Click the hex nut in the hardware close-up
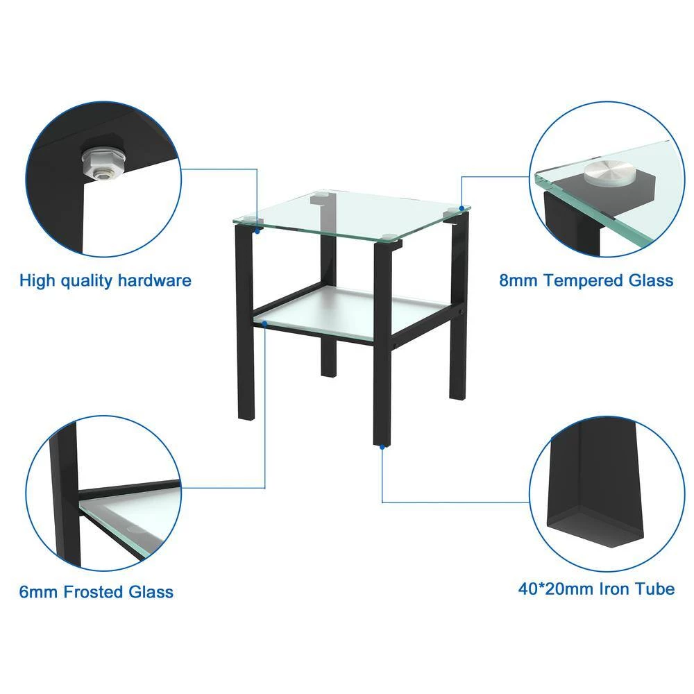coord(103,162)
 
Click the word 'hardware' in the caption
coord(155,280)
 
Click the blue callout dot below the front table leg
coord(382,447)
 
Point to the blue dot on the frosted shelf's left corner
coord(264,324)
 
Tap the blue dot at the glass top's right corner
coord(462,208)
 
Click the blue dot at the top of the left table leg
coord(257,231)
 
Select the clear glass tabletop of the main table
coord(351,214)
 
